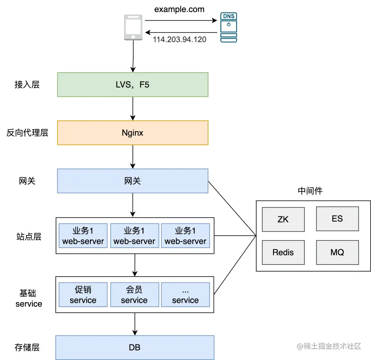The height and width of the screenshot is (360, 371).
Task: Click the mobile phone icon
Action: click(133, 27)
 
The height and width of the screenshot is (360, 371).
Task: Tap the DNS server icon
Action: click(228, 27)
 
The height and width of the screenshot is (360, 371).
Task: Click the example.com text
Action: click(179, 9)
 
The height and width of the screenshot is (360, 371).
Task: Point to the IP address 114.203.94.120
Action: click(179, 39)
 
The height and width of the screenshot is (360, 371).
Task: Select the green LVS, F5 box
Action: click(133, 85)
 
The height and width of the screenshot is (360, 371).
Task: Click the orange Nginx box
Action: click(133, 133)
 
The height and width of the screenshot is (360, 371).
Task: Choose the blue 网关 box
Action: click(133, 181)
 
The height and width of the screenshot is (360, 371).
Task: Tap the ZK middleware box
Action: click(283, 219)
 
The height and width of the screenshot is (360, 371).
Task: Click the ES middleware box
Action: click(337, 219)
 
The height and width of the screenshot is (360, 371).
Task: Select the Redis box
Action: click(283, 252)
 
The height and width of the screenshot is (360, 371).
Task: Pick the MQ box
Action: click(337, 252)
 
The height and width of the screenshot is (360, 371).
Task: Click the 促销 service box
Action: click(83, 295)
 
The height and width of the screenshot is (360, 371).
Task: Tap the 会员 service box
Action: click(135, 295)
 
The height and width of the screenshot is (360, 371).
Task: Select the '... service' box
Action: click(185, 295)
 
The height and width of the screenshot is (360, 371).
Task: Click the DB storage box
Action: click(135, 348)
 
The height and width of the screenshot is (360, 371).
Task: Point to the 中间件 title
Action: click(310, 191)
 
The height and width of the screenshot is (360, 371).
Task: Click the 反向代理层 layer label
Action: click(27, 133)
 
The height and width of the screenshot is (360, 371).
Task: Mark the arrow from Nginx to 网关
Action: click(133, 157)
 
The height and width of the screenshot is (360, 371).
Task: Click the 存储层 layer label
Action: click(27, 348)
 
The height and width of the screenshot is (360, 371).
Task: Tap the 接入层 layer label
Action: click(27, 84)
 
